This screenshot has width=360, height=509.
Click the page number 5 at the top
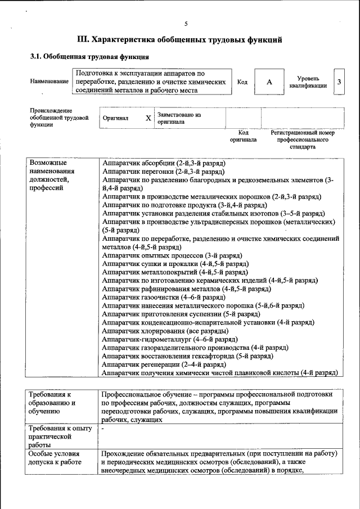click(x=186, y=23)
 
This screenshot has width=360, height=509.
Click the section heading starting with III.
click(x=179, y=39)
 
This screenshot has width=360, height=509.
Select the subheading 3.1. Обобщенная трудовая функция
click(x=89, y=57)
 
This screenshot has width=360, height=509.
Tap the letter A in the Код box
click(x=269, y=82)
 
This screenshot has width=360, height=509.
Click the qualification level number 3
click(x=339, y=82)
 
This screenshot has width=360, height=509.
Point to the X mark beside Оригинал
click(x=148, y=118)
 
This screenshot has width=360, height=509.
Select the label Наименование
click(x=49, y=82)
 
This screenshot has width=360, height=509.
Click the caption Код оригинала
click(x=243, y=136)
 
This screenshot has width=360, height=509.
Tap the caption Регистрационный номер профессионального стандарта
click(x=303, y=139)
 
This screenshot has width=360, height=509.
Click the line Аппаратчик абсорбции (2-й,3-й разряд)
click(x=164, y=162)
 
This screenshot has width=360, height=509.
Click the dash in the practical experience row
click(x=103, y=429)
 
